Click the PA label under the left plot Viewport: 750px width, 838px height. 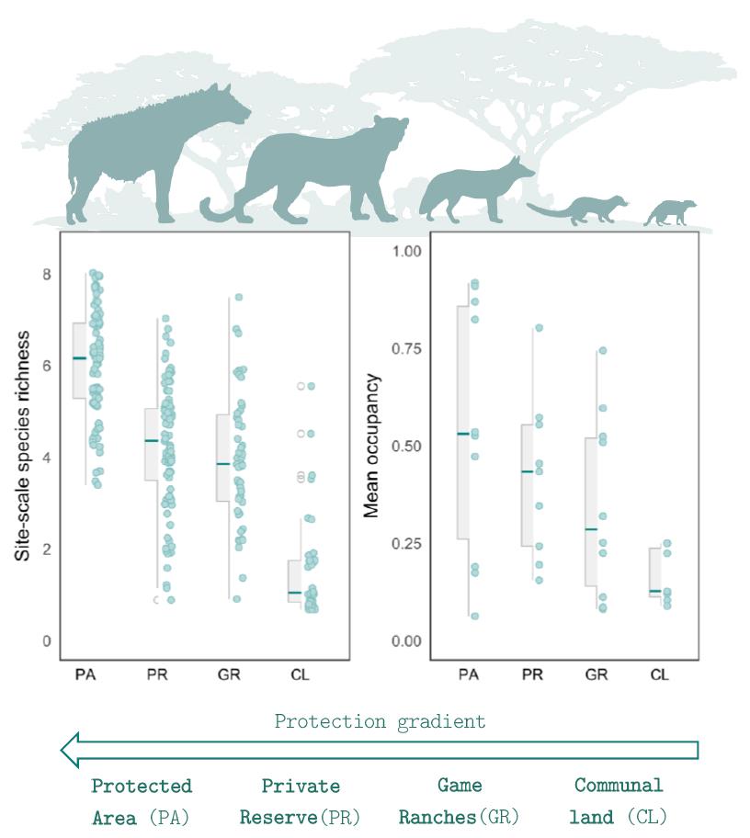click(x=86, y=675)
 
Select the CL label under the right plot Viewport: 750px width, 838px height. click(x=659, y=675)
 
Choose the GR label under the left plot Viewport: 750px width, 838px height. click(x=230, y=675)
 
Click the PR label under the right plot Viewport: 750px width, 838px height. click(x=532, y=675)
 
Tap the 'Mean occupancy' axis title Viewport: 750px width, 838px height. click(x=371, y=446)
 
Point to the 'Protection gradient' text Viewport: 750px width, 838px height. click(x=380, y=721)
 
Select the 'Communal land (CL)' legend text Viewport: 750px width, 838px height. click(x=619, y=800)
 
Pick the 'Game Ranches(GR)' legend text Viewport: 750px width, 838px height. click(x=459, y=800)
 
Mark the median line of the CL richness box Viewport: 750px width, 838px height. click(x=294, y=593)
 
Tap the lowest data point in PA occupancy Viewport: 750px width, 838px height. click(x=475, y=616)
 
